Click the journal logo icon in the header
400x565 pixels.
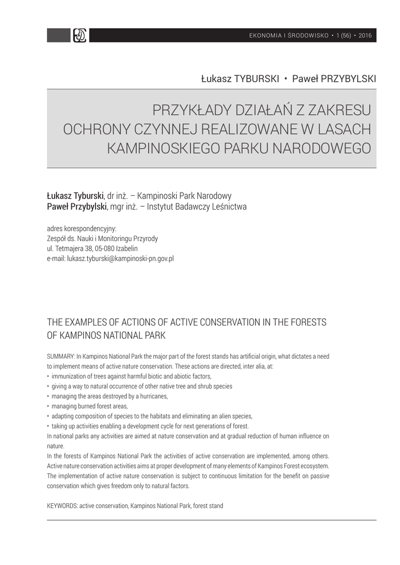coord(79,36)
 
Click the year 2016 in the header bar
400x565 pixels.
coord(365,36)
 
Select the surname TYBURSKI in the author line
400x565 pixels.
coord(257,79)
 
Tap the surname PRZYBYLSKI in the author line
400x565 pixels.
coord(345,79)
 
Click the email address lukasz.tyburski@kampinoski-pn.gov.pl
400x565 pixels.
coord(120,258)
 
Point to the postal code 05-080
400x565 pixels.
coord(105,248)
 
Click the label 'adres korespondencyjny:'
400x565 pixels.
coord(82,229)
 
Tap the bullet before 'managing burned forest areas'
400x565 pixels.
coord(49,407)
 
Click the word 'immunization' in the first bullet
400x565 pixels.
coord(68,376)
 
